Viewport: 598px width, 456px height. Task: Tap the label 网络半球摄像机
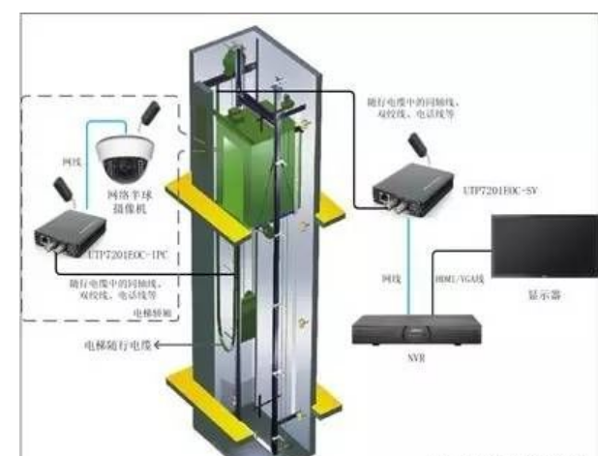(x=125, y=200)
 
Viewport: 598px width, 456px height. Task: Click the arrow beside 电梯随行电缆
(x=155, y=344)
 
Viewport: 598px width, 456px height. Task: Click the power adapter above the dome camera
(x=149, y=112)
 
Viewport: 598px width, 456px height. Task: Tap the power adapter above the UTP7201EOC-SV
(x=417, y=146)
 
